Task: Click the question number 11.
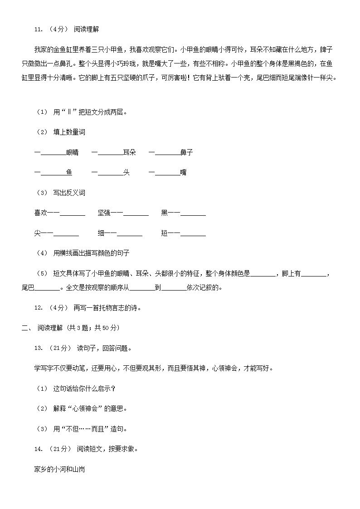point(39,29)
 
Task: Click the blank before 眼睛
point(54,153)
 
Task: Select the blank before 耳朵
point(110,153)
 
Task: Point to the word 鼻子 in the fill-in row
point(186,153)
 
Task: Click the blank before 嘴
point(167,173)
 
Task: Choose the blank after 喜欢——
point(73,213)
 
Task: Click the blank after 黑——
point(193,213)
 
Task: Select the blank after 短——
point(193,233)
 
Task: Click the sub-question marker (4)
point(42,253)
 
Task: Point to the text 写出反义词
point(69,193)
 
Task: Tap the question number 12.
point(39,308)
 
